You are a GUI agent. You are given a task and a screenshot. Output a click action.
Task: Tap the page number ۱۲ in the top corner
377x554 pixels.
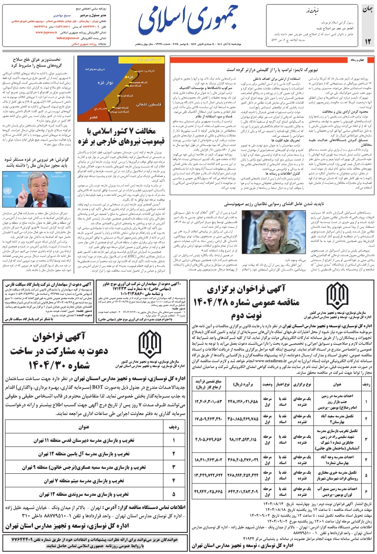click(367, 40)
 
